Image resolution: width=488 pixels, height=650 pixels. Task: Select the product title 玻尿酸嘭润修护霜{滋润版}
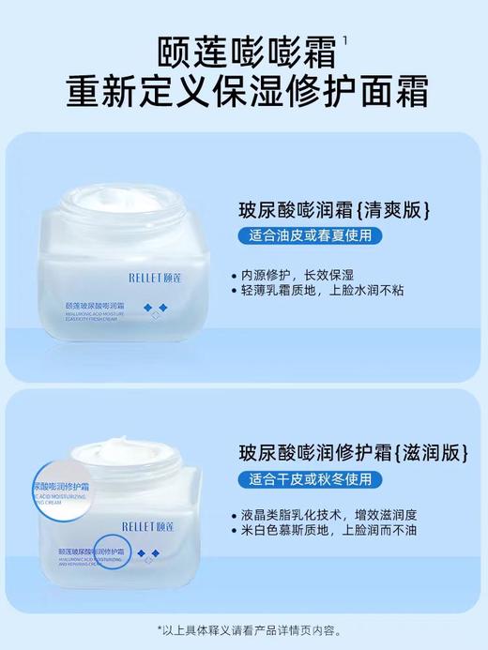pyautogui.click(x=351, y=452)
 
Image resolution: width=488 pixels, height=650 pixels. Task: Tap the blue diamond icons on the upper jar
pyautogui.click(x=155, y=308)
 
